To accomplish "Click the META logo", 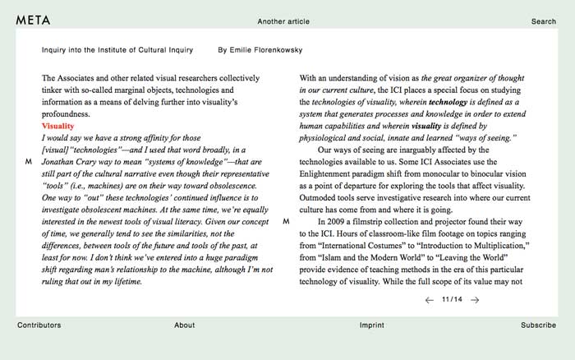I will point(34,21).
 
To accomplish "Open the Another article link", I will point(283,21).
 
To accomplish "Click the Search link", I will point(543,21).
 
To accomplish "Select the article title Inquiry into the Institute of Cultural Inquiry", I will point(117,50).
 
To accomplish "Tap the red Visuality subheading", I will point(57,127).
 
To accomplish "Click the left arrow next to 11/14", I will point(429,300).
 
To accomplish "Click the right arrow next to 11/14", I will point(475,300).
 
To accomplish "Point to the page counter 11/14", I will point(452,300).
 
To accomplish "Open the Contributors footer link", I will point(39,325).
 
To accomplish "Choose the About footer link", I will point(184,325).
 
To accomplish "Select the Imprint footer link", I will point(371,325).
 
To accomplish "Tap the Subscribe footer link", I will point(538,325).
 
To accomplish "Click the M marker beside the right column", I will point(286,222).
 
